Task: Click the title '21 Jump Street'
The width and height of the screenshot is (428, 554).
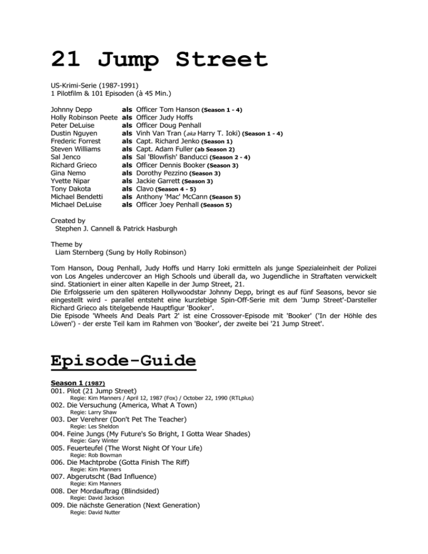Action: tap(159, 59)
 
